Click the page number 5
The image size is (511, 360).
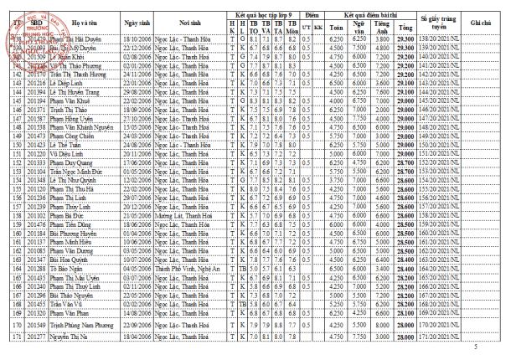point(477,347)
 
